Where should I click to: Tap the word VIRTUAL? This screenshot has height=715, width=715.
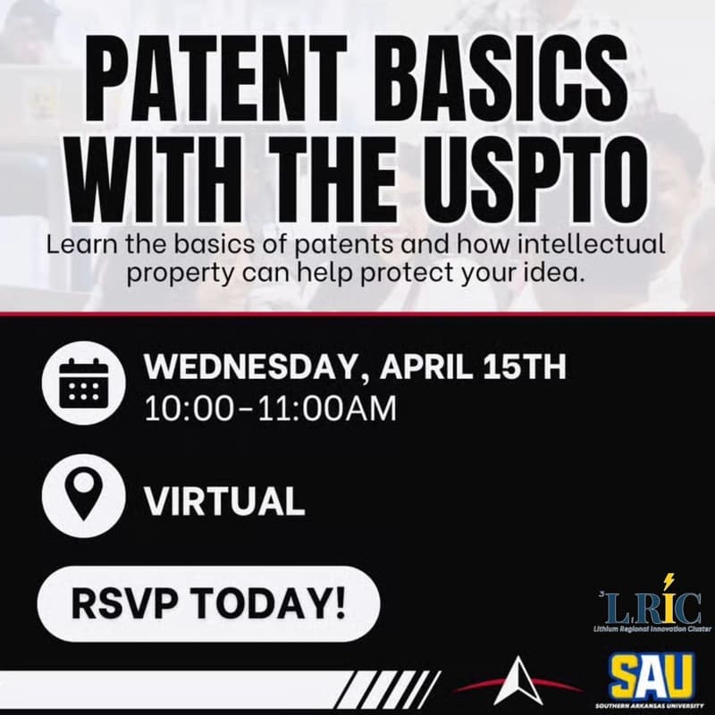point(224,501)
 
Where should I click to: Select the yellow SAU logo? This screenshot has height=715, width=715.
point(652,678)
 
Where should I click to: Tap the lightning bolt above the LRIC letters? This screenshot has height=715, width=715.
point(668,582)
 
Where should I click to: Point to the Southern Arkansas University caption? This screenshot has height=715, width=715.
point(652,707)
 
